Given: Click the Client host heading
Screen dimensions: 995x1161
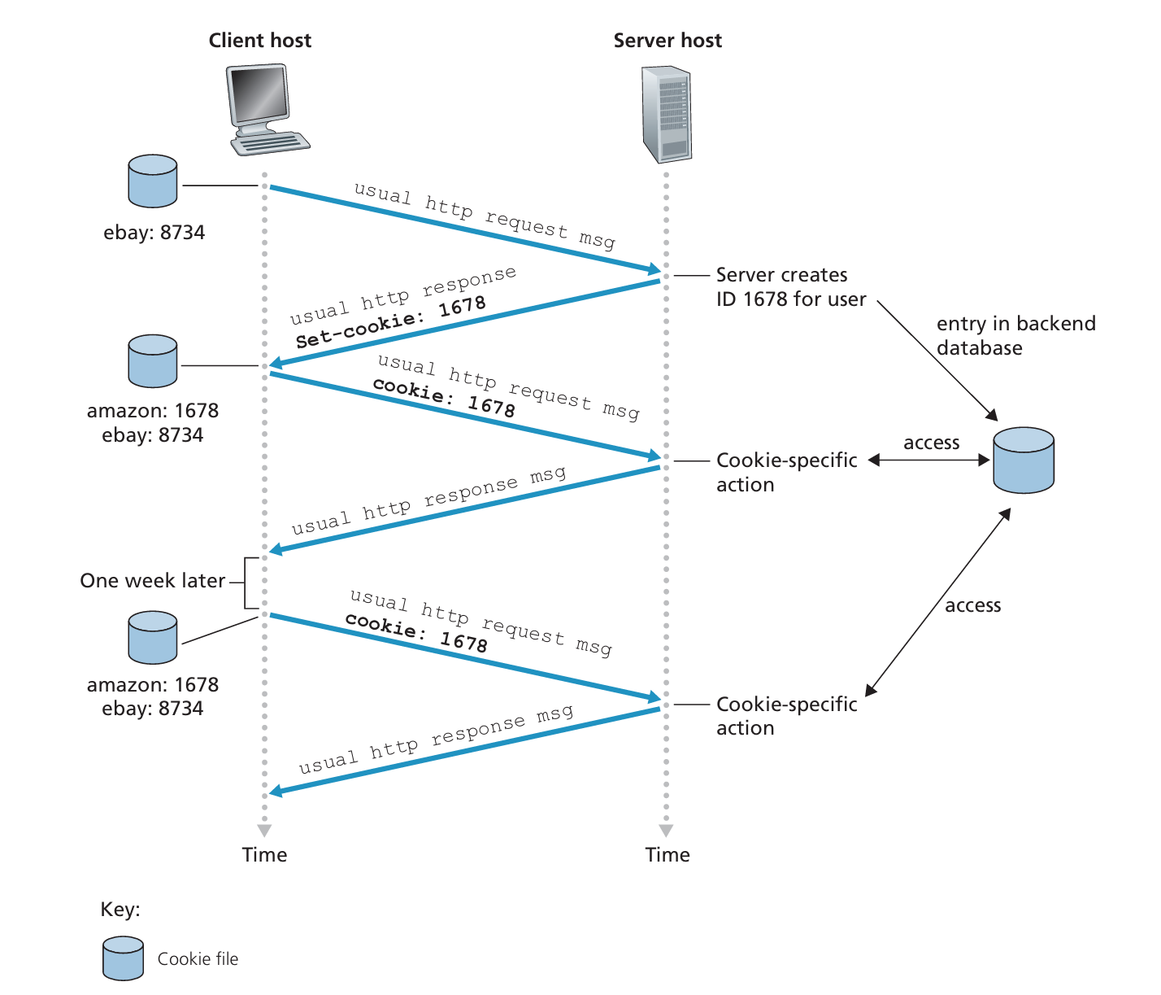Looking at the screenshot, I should pyautogui.click(x=259, y=41).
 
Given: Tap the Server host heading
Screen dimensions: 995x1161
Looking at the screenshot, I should pyautogui.click(x=667, y=41).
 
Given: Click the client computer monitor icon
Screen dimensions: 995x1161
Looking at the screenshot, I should pyautogui.click(x=259, y=95).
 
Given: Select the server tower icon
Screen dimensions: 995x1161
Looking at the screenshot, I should pyautogui.click(x=666, y=115).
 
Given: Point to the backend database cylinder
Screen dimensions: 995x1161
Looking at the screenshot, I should pyautogui.click(x=1024, y=460).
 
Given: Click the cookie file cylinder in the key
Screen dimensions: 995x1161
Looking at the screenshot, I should pyautogui.click(x=123, y=958).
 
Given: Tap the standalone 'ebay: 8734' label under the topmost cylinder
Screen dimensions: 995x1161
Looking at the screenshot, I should pyautogui.click(x=154, y=233).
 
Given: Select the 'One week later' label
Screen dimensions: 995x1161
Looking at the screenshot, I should pyautogui.click(x=152, y=581).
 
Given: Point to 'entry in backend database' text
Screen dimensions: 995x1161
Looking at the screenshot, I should pyautogui.click(x=1015, y=335).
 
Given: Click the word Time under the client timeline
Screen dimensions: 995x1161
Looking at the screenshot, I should pyautogui.click(x=264, y=855).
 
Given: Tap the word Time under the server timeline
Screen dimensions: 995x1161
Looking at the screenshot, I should pyautogui.click(x=667, y=855).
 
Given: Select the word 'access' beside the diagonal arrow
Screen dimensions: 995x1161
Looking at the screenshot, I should pyautogui.click(x=972, y=605).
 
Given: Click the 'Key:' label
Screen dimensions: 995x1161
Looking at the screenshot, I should pyautogui.click(x=120, y=910).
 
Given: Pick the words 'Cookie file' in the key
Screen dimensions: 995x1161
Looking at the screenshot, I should pyautogui.click(x=198, y=959).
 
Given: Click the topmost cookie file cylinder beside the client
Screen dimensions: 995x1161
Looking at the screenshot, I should pyautogui.click(x=153, y=181).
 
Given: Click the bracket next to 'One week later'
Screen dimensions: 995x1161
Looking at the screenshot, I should pyautogui.click(x=249, y=583).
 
